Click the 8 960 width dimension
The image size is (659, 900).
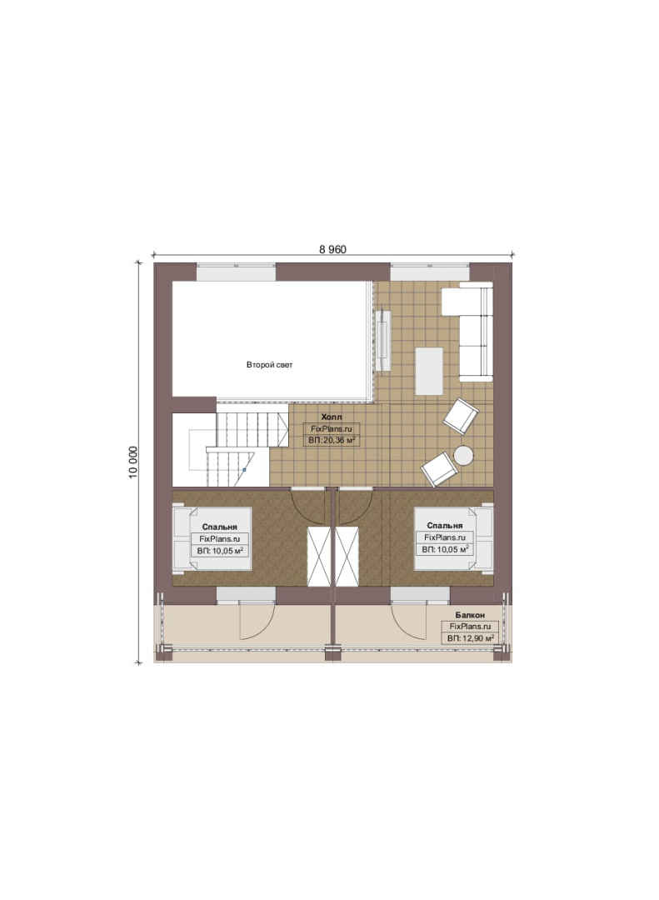332,249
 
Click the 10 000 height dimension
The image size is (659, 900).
133,462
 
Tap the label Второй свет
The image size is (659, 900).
269,364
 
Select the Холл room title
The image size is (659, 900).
332,417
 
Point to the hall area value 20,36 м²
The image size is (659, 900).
339,440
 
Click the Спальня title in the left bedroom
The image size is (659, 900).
219,527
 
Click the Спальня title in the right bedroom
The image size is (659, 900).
444,525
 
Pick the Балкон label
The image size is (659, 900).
470,615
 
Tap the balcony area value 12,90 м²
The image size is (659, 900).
478,638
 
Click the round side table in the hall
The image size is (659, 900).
463,456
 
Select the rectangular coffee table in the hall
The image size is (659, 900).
429,371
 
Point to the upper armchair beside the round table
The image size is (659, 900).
461,416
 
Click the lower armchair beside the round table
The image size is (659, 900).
440,469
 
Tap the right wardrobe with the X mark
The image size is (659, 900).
347,556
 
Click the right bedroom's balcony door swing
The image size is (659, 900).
410,620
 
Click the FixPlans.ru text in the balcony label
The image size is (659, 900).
470,627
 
